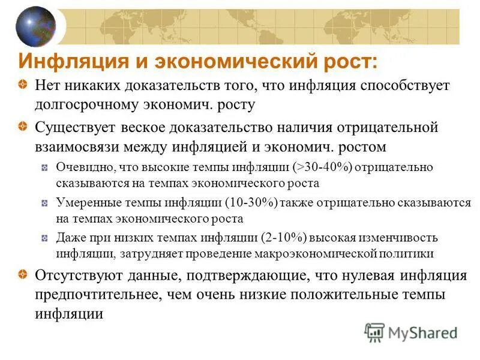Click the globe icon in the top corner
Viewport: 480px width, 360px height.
[x=35, y=26]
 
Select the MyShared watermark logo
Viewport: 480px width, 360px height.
[x=412, y=332]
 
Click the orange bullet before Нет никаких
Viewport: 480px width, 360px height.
[x=22, y=85]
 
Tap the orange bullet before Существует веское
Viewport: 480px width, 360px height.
[x=22, y=127]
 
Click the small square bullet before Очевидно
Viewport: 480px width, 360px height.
[x=45, y=168]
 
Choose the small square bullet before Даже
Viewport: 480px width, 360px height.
[x=45, y=238]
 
